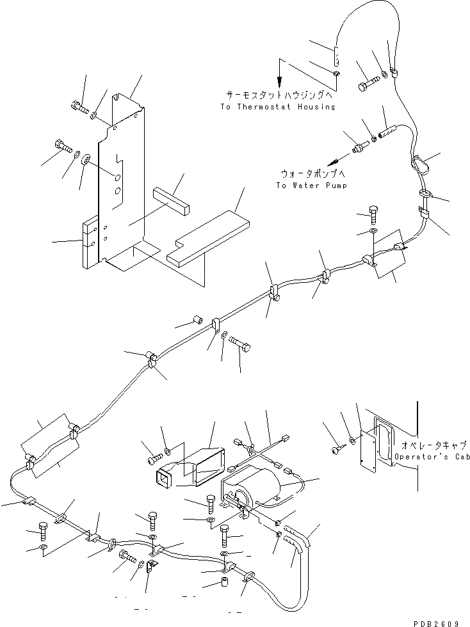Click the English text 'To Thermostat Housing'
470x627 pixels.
tap(277, 107)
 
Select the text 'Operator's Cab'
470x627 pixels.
tap(430, 457)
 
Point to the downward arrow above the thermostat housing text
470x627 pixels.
tap(279, 74)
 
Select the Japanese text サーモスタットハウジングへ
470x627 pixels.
tap(276, 93)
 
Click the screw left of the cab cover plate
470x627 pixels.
tap(337, 450)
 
